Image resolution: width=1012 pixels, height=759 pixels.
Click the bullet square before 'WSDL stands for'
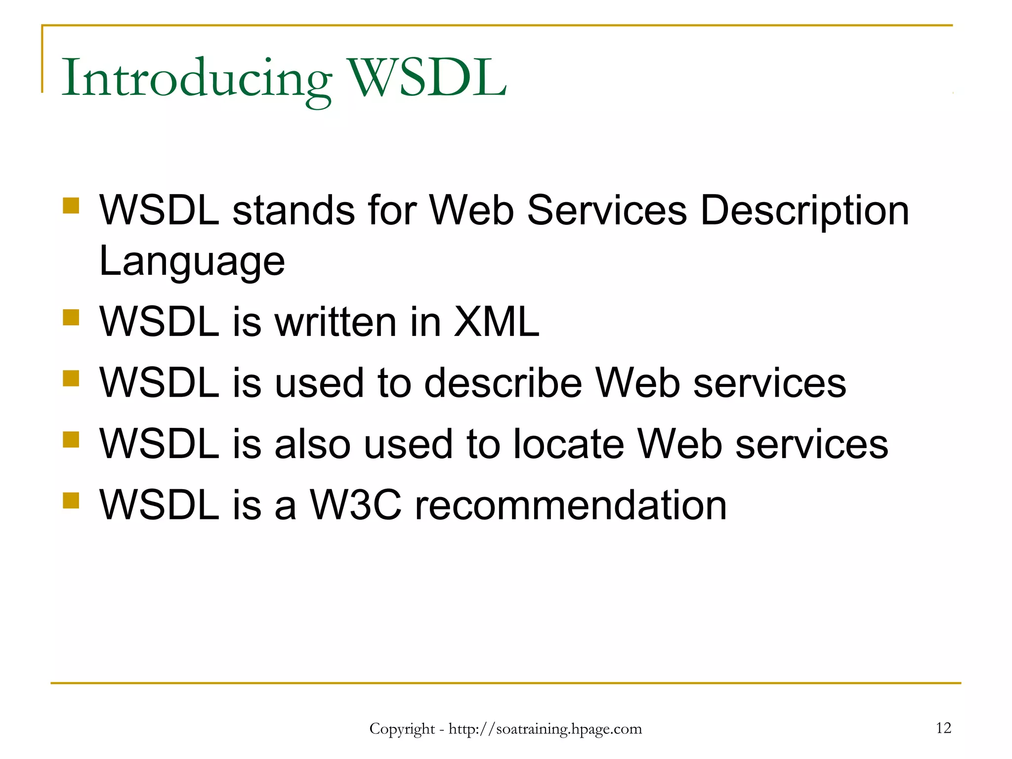71,206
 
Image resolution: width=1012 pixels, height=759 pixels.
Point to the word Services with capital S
607,211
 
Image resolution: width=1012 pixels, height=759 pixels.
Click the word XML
496,322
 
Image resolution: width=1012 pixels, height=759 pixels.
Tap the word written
336,322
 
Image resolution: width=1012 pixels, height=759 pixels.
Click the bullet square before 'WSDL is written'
71,317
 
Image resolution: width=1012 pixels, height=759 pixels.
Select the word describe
503,383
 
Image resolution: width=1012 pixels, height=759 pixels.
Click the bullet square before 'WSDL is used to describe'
71,379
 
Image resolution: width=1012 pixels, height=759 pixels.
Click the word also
312,444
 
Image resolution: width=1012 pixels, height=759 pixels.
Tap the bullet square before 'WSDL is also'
71,439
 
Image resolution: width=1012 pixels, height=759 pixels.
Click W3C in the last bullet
355,505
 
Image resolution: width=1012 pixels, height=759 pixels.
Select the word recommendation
570,505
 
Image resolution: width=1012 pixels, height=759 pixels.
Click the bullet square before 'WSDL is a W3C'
71,500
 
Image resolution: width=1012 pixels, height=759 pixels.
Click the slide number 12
943,728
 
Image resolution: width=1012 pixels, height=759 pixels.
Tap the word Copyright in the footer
402,729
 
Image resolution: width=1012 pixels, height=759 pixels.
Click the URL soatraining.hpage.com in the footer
545,729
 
